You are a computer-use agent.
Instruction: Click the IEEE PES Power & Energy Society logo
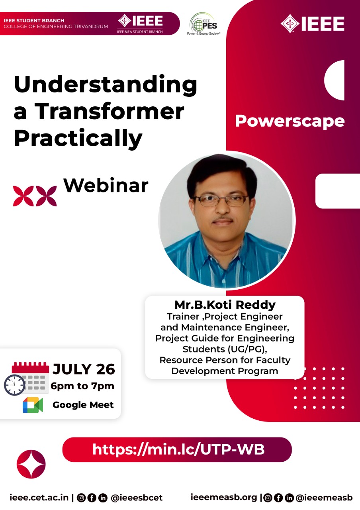tap(203, 24)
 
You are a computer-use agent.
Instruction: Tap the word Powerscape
tap(290, 121)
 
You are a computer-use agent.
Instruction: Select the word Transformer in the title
tap(109, 111)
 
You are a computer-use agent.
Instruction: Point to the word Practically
tap(78, 138)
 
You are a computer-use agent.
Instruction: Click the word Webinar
tap(106, 186)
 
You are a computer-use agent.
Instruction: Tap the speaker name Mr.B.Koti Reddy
tap(225, 305)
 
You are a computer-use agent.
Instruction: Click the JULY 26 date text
tap(84, 369)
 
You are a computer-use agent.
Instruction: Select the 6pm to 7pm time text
tap(82, 386)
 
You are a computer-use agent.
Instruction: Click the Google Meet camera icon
tap(33, 405)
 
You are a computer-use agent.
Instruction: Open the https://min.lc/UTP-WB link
tap(178, 449)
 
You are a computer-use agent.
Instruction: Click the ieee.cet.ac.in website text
tap(39, 498)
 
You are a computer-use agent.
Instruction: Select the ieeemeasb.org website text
tap(224, 498)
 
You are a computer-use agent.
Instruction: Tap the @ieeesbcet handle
tap(137, 498)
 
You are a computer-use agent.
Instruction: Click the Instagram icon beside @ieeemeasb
tap(268, 498)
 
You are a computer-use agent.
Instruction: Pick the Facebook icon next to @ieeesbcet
tap(92, 498)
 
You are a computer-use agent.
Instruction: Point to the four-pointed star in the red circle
tap(31, 464)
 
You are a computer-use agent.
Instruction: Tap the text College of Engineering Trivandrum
tap(56, 26)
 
